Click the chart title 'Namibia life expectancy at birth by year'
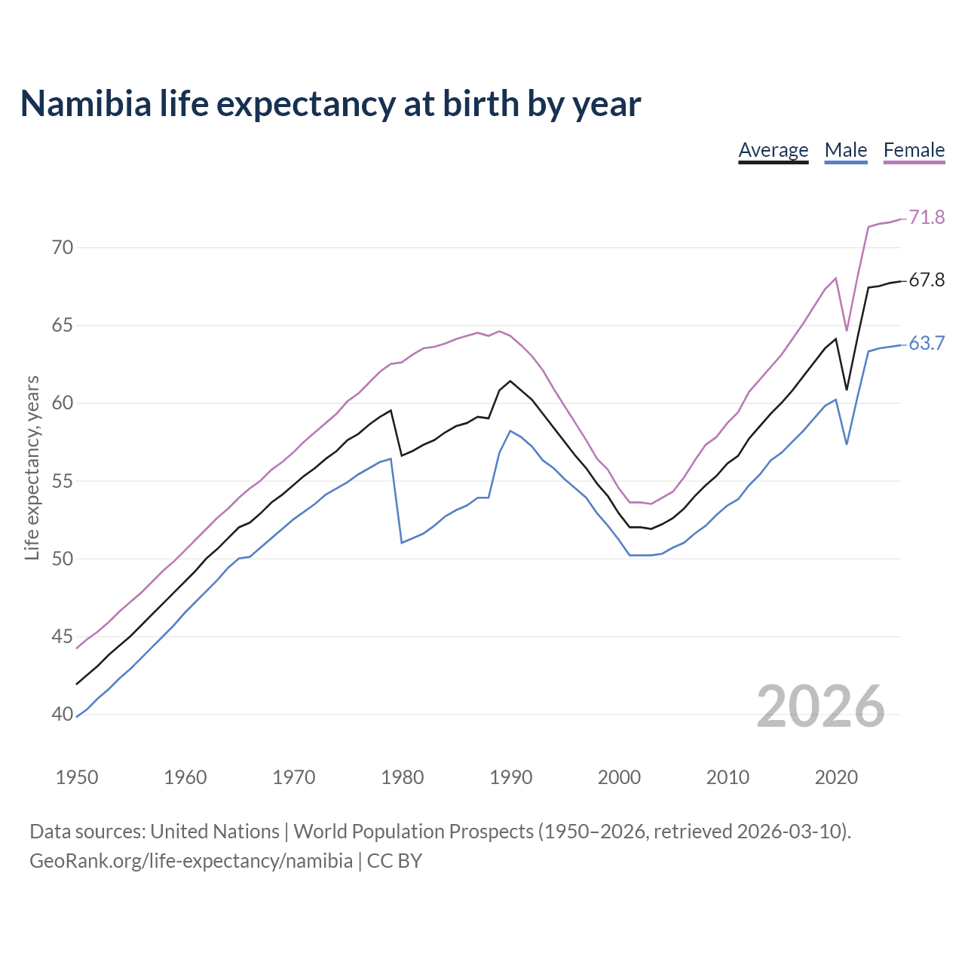point(330,104)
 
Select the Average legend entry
point(773,150)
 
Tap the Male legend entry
point(845,150)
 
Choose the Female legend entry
point(914,150)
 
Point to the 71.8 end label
point(927,218)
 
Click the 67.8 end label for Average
point(927,280)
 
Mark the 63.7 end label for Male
point(927,344)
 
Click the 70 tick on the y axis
point(63,247)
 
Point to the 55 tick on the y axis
point(63,481)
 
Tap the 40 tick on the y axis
point(63,714)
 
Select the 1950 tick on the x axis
point(77,777)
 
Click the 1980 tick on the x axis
point(402,777)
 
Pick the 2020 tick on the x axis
point(836,777)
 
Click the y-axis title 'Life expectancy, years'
point(32,468)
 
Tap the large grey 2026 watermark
point(820,706)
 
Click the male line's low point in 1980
point(402,542)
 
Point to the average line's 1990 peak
point(510,381)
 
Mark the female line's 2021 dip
point(847,330)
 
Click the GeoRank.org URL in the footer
point(191,861)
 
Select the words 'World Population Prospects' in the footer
point(413,832)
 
